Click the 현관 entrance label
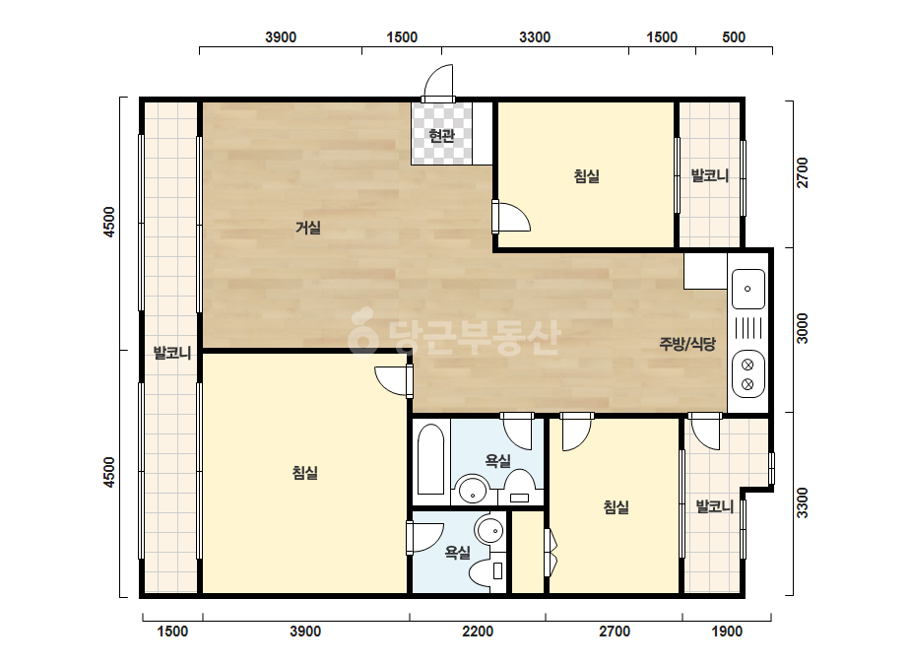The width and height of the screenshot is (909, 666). click(x=441, y=136)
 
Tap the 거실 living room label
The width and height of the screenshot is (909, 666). click(x=308, y=228)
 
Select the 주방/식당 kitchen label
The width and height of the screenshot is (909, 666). click(x=687, y=344)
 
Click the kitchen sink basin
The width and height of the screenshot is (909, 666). click(x=747, y=289)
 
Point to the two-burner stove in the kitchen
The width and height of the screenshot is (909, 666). click(x=747, y=374)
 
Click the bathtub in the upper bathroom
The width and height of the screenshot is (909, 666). click(x=430, y=459)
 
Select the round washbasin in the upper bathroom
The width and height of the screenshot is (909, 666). click(x=474, y=491)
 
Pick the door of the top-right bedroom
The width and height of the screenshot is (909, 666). click(x=511, y=217)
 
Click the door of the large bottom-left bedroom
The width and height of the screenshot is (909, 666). click(x=394, y=381)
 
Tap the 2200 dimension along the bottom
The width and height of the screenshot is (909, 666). click(x=478, y=631)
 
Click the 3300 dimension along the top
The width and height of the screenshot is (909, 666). click(x=535, y=37)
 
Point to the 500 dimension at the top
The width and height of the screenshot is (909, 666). click(x=734, y=37)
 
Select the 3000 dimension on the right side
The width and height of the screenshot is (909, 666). click(x=802, y=328)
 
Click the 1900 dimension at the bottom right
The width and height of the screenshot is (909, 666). click(x=727, y=631)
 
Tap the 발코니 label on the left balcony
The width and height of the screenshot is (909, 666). click(x=172, y=353)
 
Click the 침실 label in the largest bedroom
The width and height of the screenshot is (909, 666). click(x=305, y=473)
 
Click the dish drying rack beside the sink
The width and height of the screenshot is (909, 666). click(x=747, y=328)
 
